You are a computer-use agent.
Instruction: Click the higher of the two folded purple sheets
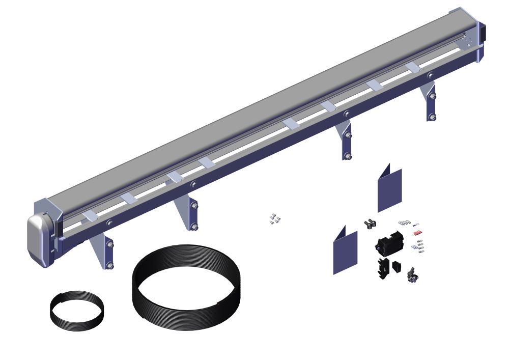coord(389,188)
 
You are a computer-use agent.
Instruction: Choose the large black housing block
coord(389,243)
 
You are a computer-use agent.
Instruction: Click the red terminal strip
coord(418,232)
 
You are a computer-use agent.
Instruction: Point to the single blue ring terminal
coord(416,223)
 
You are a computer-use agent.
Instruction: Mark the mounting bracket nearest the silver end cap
coord(104,250)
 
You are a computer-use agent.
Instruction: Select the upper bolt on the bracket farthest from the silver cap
coord(432,96)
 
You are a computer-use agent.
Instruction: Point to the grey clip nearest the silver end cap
coord(91,216)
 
